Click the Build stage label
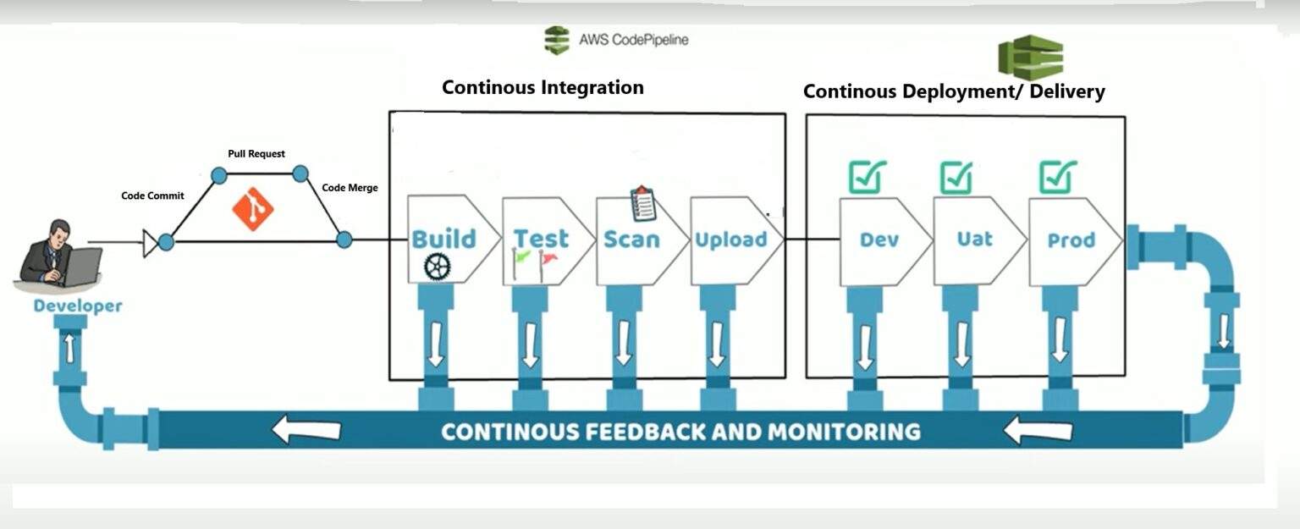[x=443, y=239]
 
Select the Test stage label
[x=542, y=239]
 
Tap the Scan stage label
[x=631, y=240]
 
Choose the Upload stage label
[x=730, y=240]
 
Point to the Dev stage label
[x=879, y=240]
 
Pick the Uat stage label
[x=974, y=240]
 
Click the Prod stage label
[x=1071, y=240]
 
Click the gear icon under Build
[x=438, y=267]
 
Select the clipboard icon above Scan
[x=643, y=204]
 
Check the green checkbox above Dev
[x=868, y=176]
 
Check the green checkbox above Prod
[x=1058, y=176]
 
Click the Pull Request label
[x=256, y=154]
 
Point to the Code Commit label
[x=152, y=196]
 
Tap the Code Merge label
[x=350, y=188]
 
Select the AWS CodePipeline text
[x=633, y=39]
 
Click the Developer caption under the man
[x=78, y=306]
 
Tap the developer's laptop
[x=81, y=267]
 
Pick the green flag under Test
[x=523, y=256]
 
